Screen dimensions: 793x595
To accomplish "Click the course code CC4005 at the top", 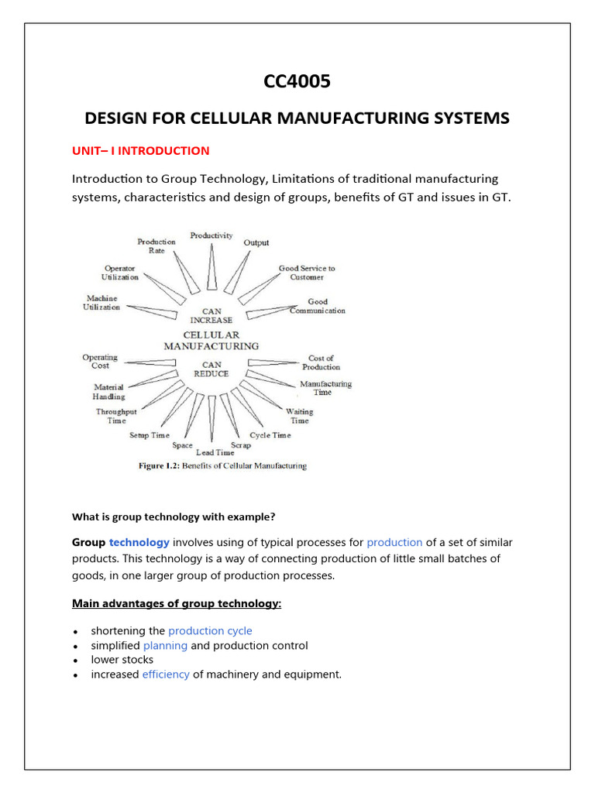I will click(297, 81).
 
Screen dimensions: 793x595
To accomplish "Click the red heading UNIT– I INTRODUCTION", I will click(141, 151).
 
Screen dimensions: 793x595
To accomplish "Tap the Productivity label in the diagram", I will click(212, 235).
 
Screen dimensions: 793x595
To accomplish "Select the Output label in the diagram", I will click(256, 242).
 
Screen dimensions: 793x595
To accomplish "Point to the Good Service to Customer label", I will click(307, 273).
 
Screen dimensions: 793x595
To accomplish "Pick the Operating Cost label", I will click(100, 362).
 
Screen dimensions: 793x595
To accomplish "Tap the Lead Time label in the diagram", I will click(215, 452).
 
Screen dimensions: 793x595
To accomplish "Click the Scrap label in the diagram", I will click(241, 445).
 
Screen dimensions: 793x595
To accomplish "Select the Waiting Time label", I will click(299, 416).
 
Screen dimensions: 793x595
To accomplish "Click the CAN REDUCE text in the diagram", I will click(212, 369).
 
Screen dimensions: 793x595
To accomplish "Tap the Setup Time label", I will click(150, 435).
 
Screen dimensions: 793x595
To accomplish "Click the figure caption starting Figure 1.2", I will click(222, 466).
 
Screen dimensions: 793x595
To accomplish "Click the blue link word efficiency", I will click(166, 675).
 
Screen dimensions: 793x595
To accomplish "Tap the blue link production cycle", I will click(210, 631).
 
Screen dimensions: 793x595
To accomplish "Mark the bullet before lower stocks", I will click(76, 661).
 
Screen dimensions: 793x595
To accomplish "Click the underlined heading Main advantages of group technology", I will click(177, 602).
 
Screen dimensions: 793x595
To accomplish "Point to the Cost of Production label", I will click(321, 362).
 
